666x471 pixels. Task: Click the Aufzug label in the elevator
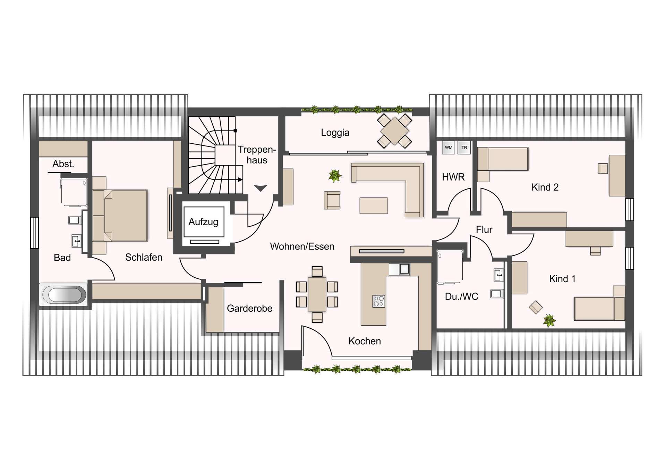tap(203, 222)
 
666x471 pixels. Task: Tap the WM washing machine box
tap(449, 148)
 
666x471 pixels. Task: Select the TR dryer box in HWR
tap(464, 148)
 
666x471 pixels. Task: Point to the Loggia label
tap(335, 133)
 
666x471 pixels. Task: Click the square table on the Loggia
tap(394, 131)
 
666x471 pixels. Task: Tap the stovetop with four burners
tap(378, 301)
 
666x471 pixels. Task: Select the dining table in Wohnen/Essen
tap(317, 294)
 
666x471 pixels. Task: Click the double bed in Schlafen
tap(120, 216)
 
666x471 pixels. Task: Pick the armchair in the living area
tap(332, 200)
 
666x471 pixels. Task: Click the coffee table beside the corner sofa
tap(373, 205)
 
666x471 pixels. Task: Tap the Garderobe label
tap(249, 308)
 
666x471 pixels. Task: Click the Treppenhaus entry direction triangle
tap(261, 188)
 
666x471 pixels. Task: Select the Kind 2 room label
tap(545, 187)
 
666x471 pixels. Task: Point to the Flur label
tap(484, 229)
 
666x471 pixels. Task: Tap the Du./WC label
tap(461, 296)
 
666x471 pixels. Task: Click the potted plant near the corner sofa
tap(335, 176)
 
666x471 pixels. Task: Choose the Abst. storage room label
tap(63, 164)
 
